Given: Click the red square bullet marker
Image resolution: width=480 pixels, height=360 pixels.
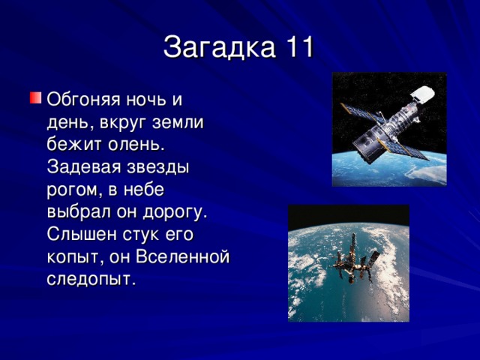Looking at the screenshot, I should point(35,98).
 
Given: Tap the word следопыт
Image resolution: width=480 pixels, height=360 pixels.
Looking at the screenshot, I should point(91,279).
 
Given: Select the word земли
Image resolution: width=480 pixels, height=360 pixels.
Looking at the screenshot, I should point(183,121).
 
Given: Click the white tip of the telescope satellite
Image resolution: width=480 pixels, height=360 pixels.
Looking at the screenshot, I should point(424,94).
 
